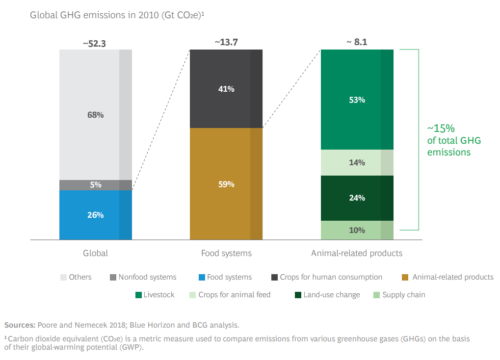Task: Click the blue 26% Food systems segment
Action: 96,215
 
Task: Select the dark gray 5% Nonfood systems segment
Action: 96,185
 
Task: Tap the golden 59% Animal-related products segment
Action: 226,184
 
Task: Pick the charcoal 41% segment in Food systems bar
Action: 226,89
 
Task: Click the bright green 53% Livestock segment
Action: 357,100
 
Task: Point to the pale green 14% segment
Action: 357,162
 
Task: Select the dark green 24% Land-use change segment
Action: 357,198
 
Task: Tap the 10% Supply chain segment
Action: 357,230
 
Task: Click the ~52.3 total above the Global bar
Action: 94,43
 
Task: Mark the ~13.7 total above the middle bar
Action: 226,43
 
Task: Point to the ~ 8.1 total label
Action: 357,42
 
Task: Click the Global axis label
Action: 95,254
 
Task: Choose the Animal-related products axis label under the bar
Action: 357,254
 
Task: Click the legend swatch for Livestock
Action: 138,295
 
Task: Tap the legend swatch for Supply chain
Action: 376,295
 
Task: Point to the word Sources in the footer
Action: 19,325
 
